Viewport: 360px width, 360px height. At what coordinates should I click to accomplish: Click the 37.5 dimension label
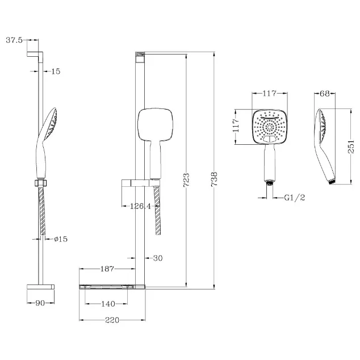point(14,40)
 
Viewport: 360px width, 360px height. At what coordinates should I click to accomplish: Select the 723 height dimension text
point(186,180)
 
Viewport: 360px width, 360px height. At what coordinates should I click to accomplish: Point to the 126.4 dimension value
point(140,206)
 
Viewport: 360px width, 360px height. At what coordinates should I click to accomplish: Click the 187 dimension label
point(107,269)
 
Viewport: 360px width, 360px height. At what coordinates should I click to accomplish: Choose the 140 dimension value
point(108,304)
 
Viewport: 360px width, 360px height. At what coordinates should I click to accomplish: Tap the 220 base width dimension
point(112,320)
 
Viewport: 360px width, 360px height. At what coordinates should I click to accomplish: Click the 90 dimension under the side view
point(40,303)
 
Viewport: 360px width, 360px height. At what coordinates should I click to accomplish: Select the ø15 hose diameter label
point(61,239)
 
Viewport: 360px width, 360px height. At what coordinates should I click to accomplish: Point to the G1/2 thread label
point(295,198)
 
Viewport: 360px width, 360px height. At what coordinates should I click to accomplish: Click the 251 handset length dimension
point(351,146)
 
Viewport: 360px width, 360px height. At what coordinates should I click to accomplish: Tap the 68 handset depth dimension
point(325,94)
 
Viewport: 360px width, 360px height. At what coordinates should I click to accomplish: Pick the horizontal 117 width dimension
point(270,93)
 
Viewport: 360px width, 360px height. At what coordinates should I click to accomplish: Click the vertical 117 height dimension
point(236,125)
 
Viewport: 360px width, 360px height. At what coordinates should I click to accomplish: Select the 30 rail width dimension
point(158,258)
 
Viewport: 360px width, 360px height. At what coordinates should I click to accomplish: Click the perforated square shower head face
point(270,127)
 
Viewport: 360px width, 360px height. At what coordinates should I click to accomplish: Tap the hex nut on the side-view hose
point(41,183)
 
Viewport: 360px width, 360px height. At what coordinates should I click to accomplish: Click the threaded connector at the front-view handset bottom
point(270,183)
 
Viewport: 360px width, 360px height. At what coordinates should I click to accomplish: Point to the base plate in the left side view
point(41,287)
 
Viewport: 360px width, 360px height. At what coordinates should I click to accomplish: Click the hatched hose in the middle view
point(157,210)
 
